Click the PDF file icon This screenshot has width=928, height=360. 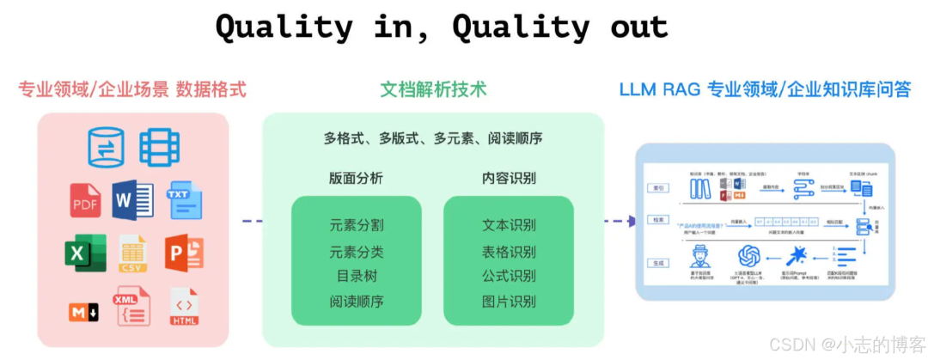[86, 200]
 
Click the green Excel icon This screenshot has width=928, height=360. [85, 253]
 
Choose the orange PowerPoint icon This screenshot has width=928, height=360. [184, 253]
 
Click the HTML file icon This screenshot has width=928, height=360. [184, 307]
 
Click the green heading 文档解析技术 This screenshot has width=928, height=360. [433, 88]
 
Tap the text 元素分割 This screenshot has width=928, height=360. [356, 226]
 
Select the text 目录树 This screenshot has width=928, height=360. [356, 276]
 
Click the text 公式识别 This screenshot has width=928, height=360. [509, 276]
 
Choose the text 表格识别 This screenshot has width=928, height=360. [509, 252]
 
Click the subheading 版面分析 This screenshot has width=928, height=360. [356, 179]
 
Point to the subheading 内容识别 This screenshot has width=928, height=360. [509, 179]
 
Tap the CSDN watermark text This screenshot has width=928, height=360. [792, 344]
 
